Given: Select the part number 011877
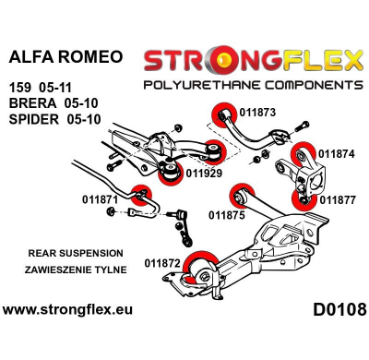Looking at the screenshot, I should tap(337, 198).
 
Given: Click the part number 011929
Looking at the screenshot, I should tap(204, 172).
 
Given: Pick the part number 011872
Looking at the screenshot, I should tap(162, 263).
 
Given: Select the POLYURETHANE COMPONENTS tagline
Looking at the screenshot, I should tap(249, 86).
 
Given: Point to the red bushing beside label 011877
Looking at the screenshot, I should tap(302, 197).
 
